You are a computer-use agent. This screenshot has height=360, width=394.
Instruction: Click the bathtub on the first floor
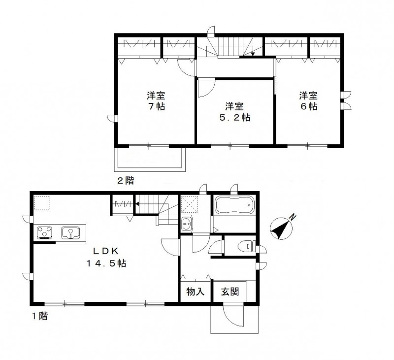coord(234,204)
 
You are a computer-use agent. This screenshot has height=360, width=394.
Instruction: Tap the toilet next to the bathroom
coord(247,246)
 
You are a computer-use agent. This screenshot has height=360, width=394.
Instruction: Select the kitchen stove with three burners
coord(45,232)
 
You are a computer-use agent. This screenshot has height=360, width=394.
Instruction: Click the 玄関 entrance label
coord(229,291)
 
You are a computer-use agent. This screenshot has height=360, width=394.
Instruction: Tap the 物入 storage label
coord(195,291)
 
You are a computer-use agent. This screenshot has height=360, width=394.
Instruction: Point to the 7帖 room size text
coord(155,106)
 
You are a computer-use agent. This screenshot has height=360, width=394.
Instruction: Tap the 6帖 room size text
coord(308,106)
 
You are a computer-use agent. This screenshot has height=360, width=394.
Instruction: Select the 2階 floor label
coord(125,180)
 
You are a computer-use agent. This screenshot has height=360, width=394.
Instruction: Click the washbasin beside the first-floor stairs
coord(187,224)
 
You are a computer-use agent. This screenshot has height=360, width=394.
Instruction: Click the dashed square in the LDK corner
coord(42,202)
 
